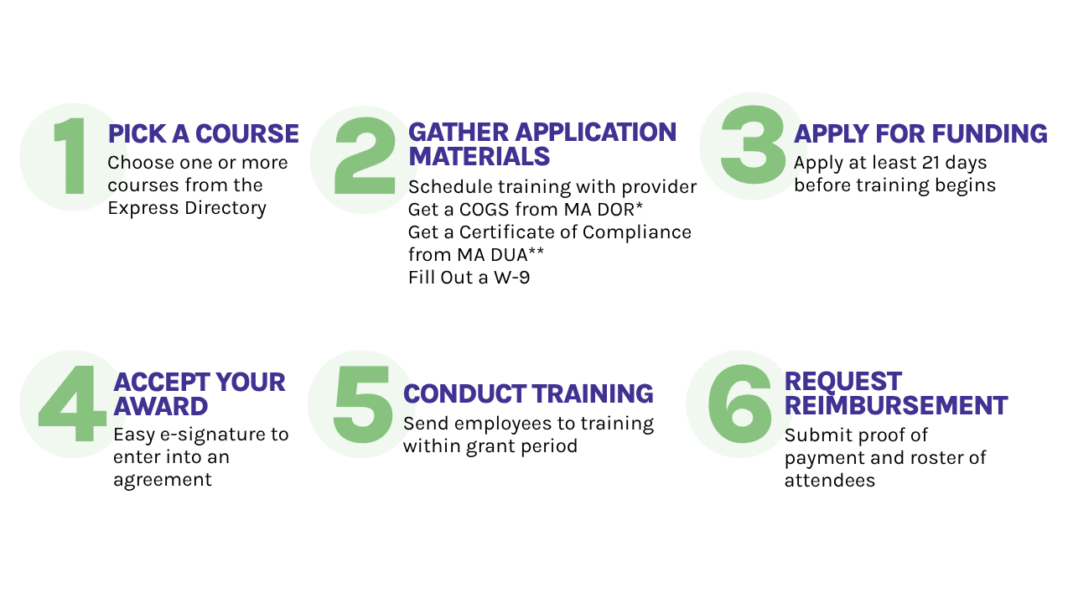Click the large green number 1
[71, 157]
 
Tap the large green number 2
[365, 157]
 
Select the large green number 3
[752, 145]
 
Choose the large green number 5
[363, 404]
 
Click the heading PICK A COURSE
[203, 134]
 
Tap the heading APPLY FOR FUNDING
[920, 134]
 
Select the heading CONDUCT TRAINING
[528, 393]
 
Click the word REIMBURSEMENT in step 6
[896, 406]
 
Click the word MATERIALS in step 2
[479, 157]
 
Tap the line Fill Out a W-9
[469, 277]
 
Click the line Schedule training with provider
[552, 186]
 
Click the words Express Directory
[187, 208]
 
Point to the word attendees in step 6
[830, 481]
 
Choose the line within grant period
[490, 445]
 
